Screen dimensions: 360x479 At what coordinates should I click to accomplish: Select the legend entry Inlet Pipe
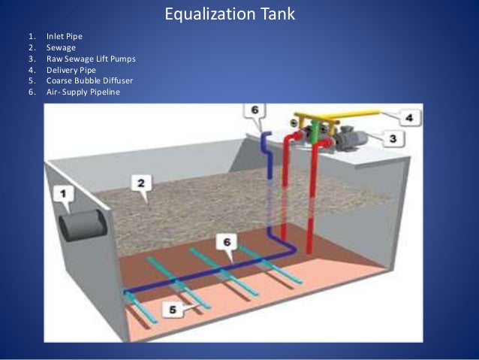[x=64, y=35]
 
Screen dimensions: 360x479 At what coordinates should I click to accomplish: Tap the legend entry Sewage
[x=59, y=47]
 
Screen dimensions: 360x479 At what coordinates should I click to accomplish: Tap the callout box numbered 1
[x=65, y=194]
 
